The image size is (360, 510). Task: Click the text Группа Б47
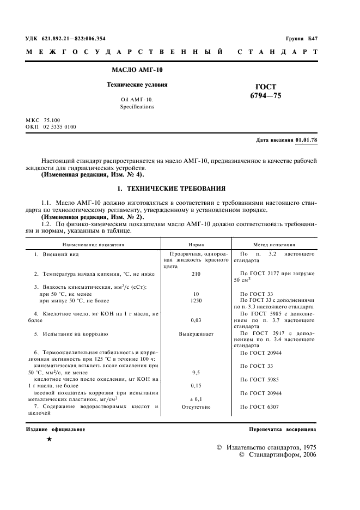click(x=301, y=39)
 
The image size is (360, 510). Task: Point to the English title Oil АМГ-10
click(x=137, y=100)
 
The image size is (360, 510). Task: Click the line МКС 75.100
click(x=43, y=120)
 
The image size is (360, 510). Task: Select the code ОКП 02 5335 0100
click(x=51, y=127)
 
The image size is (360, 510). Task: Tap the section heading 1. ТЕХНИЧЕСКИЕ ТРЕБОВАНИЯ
click(x=172, y=189)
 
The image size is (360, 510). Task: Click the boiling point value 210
click(x=196, y=274)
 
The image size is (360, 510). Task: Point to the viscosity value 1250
click(x=196, y=301)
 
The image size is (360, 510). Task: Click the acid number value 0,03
click(x=196, y=321)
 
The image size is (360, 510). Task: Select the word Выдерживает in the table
click(x=196, y=333)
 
